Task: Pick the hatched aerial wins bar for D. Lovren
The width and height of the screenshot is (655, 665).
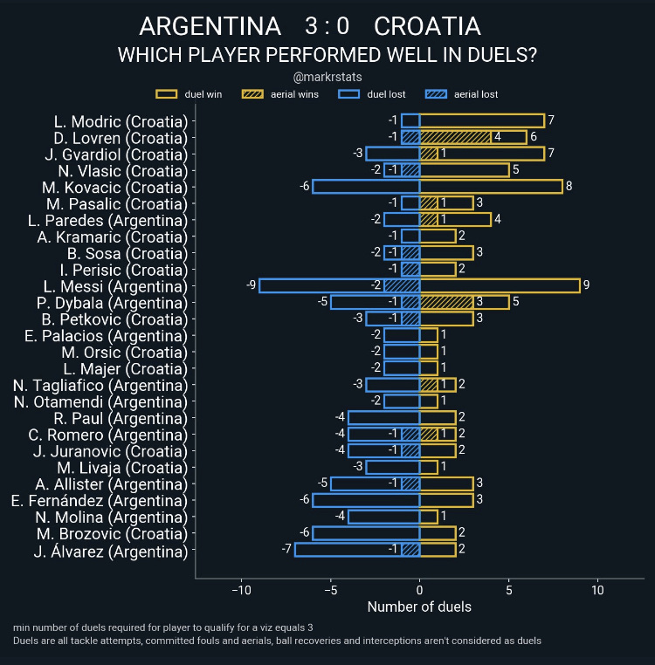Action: [455, 137]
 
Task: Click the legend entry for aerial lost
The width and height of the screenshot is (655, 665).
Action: [462, 94]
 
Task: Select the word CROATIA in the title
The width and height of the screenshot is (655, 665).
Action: [427, 26]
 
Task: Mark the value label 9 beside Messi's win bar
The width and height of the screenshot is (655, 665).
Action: [587, 286]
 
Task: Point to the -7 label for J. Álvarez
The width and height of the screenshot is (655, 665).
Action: [286, 550]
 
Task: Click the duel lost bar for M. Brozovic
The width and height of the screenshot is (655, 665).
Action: [365, 533]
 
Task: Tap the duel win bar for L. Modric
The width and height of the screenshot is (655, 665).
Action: [481, 120]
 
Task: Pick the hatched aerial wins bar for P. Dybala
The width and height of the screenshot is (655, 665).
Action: [446, 302]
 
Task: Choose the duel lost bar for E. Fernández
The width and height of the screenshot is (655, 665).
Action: [365, 500]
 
